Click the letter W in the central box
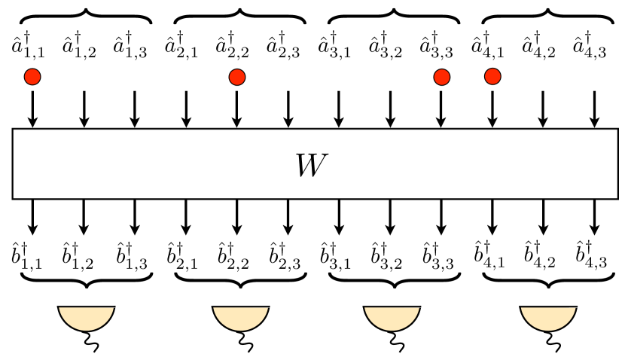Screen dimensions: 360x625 [312, 164]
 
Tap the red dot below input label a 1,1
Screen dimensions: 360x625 [32, 76]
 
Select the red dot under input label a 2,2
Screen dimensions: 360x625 [236, 76]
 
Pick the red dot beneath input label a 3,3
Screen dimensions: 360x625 [441, 76]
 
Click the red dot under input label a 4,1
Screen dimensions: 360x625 [492, 76]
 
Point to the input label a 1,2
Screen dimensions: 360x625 [83, 47]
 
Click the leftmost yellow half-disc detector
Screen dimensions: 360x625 [87, 319]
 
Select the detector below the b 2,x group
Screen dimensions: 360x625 [239, 319]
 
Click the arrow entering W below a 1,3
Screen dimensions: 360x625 [135, 108]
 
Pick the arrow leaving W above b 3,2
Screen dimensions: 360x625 [390, 217]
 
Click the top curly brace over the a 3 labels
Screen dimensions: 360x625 [394, 17]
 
